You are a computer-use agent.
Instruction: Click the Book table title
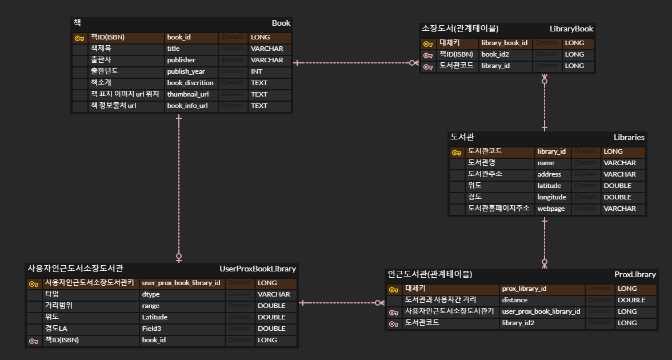tap(281, 23)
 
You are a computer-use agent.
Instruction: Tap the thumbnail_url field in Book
tap(187, 94)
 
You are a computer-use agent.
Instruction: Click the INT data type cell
tap(257, 71)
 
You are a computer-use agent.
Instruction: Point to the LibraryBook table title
tap(571, 29)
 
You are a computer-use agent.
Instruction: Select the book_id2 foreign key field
tap(495, 54)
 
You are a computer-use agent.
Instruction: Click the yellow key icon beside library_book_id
tap(428, 43)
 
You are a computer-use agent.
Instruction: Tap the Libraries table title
tap(629, 137)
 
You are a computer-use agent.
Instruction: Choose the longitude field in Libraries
tap(551, 197)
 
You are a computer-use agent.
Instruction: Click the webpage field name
tap(551, 209)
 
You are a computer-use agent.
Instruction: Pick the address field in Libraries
tap(549, 174)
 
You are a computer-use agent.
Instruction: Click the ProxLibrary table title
tap(635, 274)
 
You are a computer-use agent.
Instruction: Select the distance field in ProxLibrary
tap(514, 300)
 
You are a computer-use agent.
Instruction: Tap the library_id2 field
tap(518, 323)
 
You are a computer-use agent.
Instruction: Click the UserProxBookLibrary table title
tap(258, 269)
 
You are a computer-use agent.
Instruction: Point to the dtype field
tap(151, 294)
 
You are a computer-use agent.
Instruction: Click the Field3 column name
tap(151, 329)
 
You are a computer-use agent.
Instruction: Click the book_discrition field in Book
tap(190, 83)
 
